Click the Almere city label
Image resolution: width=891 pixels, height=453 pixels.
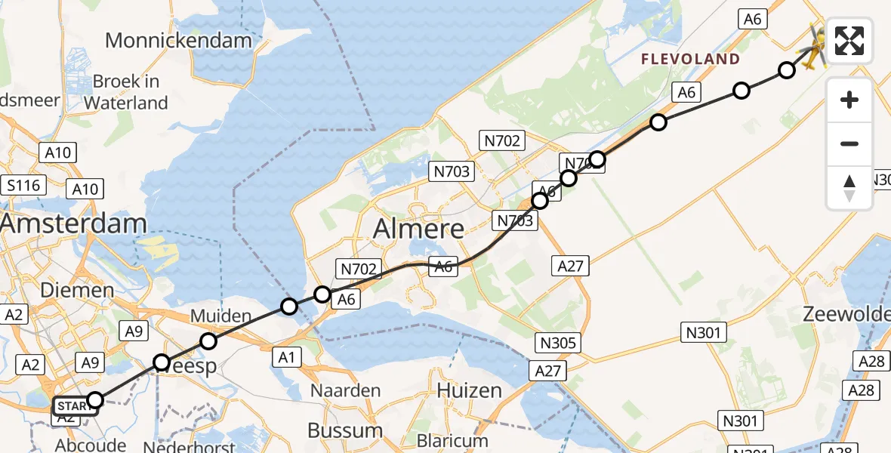tap(419, 228)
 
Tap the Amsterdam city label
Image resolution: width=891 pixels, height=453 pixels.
tap(73, 223)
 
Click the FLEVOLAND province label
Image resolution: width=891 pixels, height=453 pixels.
tap(690, 59)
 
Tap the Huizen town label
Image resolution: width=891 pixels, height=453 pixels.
tap(470, 390)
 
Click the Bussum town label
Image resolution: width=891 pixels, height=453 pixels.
tap(345, 430)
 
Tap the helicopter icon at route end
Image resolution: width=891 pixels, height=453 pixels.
tap(813, 47)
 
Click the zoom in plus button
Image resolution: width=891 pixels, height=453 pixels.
tap(849, 100)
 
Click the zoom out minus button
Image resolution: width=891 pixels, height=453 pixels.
tap(849, 143)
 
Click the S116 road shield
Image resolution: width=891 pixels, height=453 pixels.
tap(24, 185)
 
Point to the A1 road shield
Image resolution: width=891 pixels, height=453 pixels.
tap(286, 358)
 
